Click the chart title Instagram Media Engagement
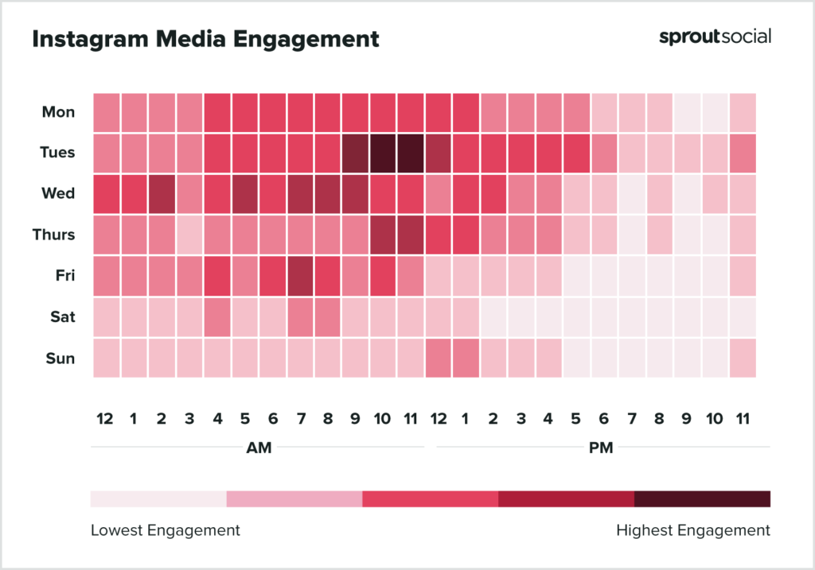pyautogui.click(x=205, y=39)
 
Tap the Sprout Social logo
pyautogui.click(x=715, y=37)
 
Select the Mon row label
pyautogui.click(x=59, y=112)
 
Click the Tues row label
pyautogui.click(x=57, y=153)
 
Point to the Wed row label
pyautogui.click(x=58, y=193)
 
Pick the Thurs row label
pyautogui.click(x=55, y=235)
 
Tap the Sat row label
pyautogui.click(x=62, y=317)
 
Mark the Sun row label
pyautogui.click(x=60, y=359)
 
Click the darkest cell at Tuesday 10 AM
pyautogui.click(x=383, y=153)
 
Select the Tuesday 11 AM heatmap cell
pyautogui.click(x=411, y=153)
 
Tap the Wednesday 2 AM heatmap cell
pyautogui.click(x=162, y=193)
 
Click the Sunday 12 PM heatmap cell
pyautogui.click(x=439, y=359)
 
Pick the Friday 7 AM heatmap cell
pyautogui.click(x=300, y=276)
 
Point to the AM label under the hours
pyautogui.click(x=259, y=448)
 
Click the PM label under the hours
pyautogui.click(x=601, y=448)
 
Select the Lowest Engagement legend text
pyautogui.click(x=165, y=530)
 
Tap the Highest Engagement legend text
pyautogui.click(x=692, y=530)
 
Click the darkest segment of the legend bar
pyautogui.click(x=702, y=498)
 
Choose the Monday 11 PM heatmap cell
pyautogui.click(x=743, y=112)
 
